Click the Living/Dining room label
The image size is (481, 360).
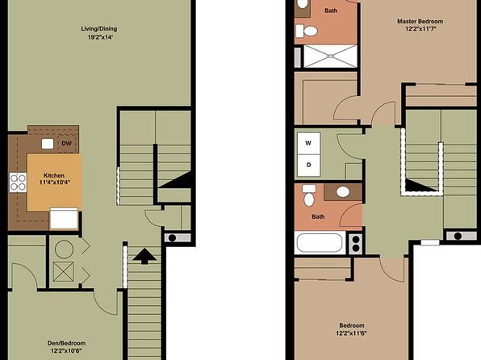pyautogui.click(x=99, y=29)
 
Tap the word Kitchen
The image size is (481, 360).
pyautogui.click(x=54, y=175)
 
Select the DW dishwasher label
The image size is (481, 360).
pyautogui.click(x=66, y=144)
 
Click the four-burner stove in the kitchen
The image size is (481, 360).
pyautogui.click(x=18, y=182)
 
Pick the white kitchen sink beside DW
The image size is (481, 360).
pyautogui.click(x=48, y=144)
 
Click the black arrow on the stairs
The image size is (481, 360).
pyautogui.click(x=144, y=256)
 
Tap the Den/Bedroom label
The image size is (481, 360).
pyautogui.click(x=66, y=343)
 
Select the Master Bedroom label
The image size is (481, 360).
pyautogui.click(x=420, y=22)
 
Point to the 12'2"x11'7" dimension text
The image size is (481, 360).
pyautogui.click(x=420, y=29)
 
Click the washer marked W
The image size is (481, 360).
pyautogui.click(x=308, y=143)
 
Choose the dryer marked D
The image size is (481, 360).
pyautogui.click(x=308, y=165)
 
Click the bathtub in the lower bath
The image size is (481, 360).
pyautogui.click(x=320, y=242)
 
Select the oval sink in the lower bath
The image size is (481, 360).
pyautogui.click(x=343, y=192)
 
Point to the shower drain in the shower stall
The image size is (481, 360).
pyautogui.click(x=330, y=57)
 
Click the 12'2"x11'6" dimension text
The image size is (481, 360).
pyautogui.click(x=352, y=333)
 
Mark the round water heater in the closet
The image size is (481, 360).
pyautogui.click(x=64, y=249)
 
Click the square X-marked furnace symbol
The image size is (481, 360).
pyautogui.click(x=64, y=271)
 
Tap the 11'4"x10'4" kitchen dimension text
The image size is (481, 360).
pyautogui.click(x=55, y=182)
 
